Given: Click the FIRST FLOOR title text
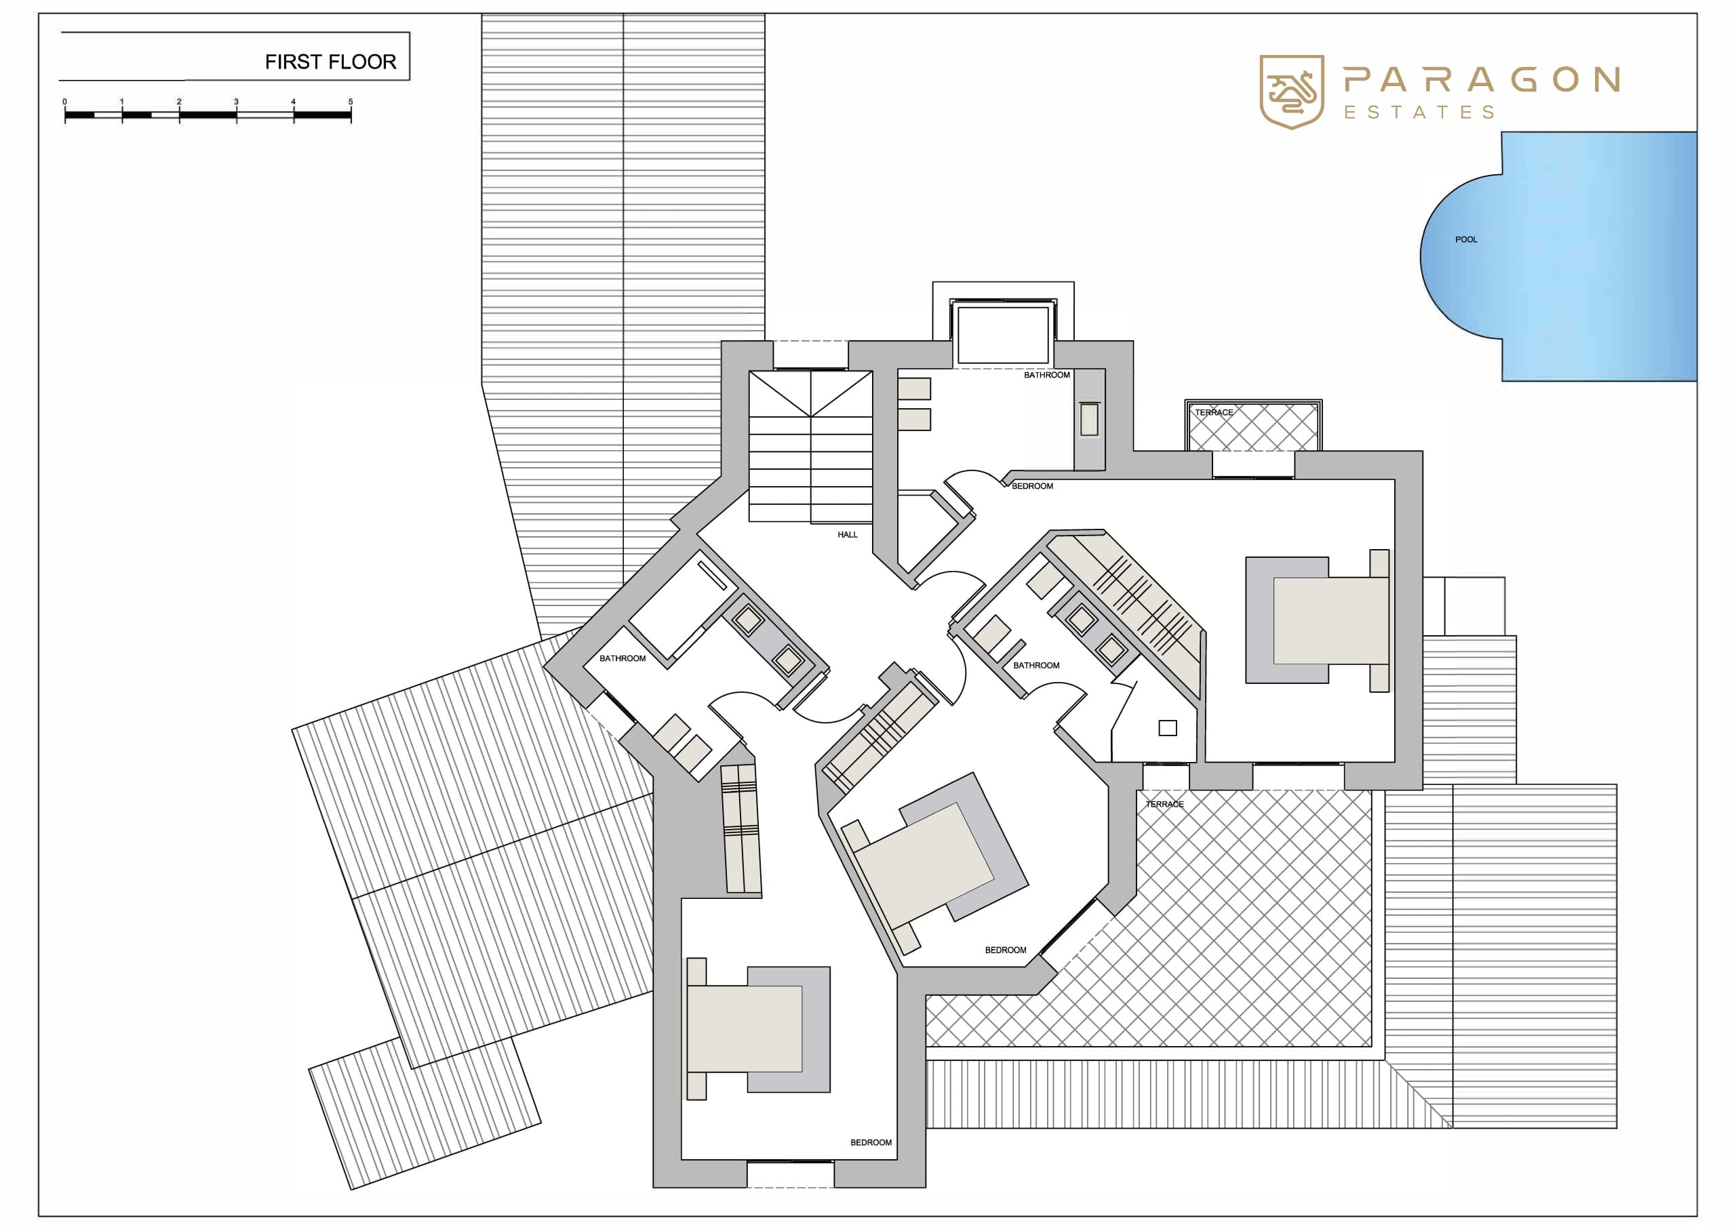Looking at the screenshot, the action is point(330,62).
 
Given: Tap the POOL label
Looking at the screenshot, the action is point(1466,240).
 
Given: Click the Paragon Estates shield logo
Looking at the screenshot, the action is point(1291,92).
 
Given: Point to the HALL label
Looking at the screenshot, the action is point(848,534).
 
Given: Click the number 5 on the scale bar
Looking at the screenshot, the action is point(350,101).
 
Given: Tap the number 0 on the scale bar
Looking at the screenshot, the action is point(65,101).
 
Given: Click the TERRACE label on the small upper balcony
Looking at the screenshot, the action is point(1214,413).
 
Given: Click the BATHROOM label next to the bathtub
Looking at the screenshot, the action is point(1047,375).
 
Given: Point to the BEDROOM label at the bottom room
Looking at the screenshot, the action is point(871,1142).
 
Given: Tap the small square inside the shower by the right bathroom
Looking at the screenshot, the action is point(1168,728).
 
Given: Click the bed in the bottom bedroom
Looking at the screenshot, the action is point(758,1028).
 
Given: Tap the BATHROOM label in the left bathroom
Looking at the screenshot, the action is point(623,658).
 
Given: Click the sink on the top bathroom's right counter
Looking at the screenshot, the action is point(1089,420).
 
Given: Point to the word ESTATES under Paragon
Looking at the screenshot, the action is point(1419,113).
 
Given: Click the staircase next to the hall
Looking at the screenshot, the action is point(810,447).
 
